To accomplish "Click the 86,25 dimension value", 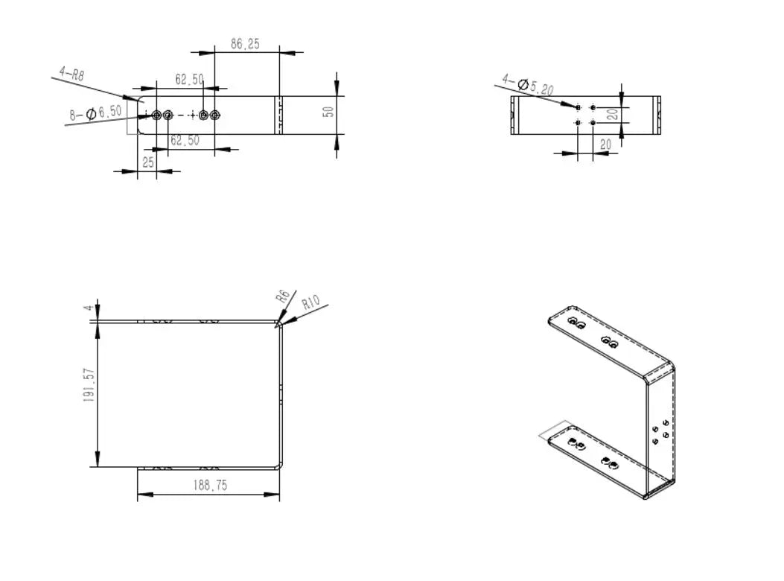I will pos(245,44).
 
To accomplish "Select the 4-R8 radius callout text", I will pos(71,74).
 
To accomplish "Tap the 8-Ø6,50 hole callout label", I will pos(95,113).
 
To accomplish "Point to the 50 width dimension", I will pos(328,112).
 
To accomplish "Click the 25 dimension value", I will pos(148,162).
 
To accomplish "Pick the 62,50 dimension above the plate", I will pos(189,79).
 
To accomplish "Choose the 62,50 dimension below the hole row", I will pos(185,140).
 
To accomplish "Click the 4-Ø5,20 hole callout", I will pos(527,85).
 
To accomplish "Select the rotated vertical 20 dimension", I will pos(611,114).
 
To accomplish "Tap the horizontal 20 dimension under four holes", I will pos(605,145).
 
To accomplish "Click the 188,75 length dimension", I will pos(209,486).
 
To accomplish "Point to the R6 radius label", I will pos(282,295).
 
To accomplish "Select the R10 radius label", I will pos(310,302).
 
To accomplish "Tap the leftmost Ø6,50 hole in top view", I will pos(156,115).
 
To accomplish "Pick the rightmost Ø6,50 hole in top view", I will pos(216,115).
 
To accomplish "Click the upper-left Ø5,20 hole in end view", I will pos(579,108).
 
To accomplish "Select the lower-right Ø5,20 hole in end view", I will pos(593,122).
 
